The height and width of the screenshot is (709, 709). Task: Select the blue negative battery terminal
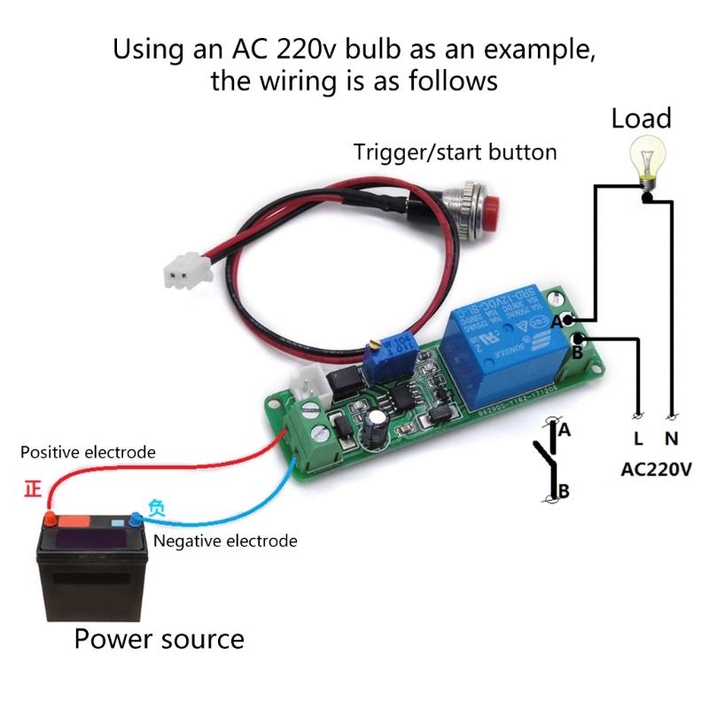pyautogui.click(x=136, y=518)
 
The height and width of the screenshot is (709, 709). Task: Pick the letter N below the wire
pyautogui.click(x=672, y=438)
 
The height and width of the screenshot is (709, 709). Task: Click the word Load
pyautogui.click(x=641, y=119)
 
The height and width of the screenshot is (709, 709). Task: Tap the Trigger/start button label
pyautogui.click(x=456, y=152)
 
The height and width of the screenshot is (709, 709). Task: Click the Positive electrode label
pyautogui.click(x=89, y=452)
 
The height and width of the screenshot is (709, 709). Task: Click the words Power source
pyautogui.click(x=159, y=637)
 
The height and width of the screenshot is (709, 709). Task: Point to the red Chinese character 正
pyautogui.click(x=34, y=488)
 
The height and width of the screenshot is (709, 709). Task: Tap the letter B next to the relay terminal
pyautogui.click(x=576, y=353)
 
